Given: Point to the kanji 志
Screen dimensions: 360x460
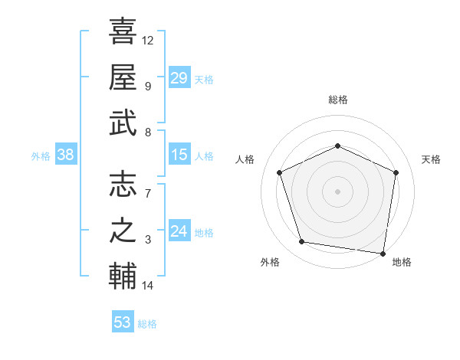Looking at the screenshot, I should click(x=123, y=185).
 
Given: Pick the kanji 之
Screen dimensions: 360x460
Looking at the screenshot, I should click(x=123, y=231).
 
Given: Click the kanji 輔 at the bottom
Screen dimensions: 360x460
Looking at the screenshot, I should click(x=123, y=277).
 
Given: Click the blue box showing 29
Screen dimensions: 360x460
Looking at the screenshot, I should click(x=179, y=77).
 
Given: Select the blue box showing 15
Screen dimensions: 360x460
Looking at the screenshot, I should click(x=179, y=155).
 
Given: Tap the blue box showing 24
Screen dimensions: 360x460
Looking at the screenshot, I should click(x=179, y=231).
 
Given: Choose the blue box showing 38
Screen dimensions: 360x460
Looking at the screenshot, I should click(x=66, y=155).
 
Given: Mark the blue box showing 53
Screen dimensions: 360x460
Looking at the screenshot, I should click(x=123, y=322).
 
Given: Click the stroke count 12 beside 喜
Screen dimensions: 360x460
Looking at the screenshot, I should click(x=148, y=40).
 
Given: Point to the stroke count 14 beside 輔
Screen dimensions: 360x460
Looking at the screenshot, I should click(x=148, y=286).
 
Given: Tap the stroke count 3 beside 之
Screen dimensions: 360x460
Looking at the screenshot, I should click(x=148, y=241).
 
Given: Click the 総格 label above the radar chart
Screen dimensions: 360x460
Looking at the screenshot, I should click(x=338, y=100).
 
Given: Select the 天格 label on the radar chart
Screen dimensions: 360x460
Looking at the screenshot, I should click(x=432, y=159).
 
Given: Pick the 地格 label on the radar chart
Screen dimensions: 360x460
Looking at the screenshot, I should click(x=402, y=262).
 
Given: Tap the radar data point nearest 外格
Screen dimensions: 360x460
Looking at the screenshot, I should click(x=302, y=242).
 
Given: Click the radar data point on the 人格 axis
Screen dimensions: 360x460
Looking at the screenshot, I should click(x=280, y=172).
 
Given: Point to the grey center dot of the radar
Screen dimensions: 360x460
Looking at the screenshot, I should click(x=338, y=191).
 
